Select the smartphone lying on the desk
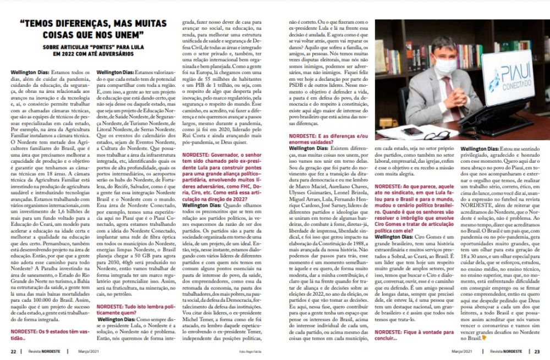click(412, 131)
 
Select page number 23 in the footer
click(536, 350)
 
